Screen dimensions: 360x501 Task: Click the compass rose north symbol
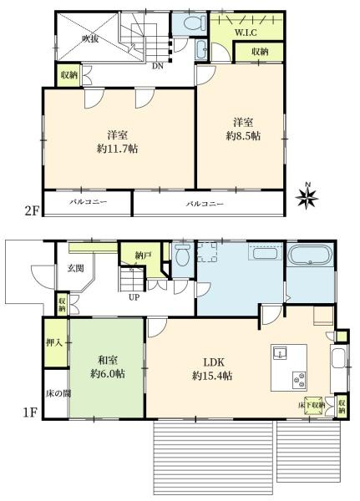[x=307, y=196]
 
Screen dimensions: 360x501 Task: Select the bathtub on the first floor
[x=310, y=255]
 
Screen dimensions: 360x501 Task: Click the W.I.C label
[x=246, y=33]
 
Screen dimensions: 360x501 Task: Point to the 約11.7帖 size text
[x=117, y=149]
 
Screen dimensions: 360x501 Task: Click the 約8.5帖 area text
[x=243, y=136]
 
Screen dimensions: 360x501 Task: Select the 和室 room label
[x=108, y=360]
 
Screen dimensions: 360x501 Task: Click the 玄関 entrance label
[x=75, y=268]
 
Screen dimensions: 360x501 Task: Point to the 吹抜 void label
[x=90, y=39]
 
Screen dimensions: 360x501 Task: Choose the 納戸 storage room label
[x=142, y=256]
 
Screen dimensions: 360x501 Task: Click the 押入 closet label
[x=54, y=342]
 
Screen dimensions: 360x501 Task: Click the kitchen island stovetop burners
[x=298, y=380]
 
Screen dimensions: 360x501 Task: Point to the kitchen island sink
[x=280, y=353]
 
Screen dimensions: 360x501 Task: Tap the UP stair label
[x=134, y=297]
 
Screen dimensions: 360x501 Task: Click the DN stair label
[x=158, y=66]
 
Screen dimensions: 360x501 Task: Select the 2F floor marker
[x=32, y=211]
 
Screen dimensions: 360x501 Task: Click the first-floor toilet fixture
[x=183, y=256]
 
